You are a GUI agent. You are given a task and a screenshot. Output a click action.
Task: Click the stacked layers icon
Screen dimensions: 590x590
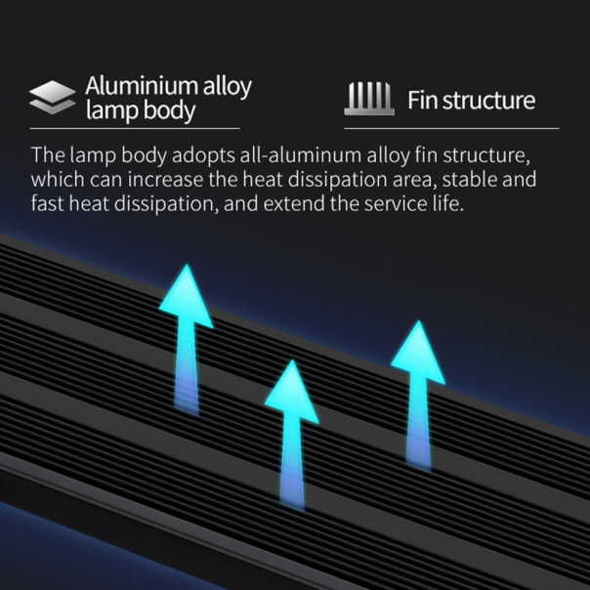click(53, 97)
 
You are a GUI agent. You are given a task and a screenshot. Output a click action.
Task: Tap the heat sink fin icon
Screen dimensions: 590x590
click(369, 99)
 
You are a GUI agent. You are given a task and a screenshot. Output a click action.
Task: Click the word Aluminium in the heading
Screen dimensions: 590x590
click(142, 86)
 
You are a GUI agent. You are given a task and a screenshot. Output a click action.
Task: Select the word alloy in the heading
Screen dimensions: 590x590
click(228, 87)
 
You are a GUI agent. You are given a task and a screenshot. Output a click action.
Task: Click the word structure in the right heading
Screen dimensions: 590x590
click(488, 101)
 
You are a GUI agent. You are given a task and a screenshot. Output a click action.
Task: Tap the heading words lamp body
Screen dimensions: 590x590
click(141, 111)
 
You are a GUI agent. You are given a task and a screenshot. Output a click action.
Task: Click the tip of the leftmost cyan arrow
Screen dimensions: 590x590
click(187, 265)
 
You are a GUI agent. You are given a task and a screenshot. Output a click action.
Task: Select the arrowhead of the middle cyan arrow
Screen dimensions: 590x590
click(292, 391)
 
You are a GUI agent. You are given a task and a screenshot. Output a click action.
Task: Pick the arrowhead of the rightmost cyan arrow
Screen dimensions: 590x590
click(418, 352)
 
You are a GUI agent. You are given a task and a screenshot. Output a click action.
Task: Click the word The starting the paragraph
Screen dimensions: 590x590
click(48, 154)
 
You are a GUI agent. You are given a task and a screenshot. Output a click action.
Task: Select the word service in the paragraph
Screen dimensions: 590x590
click(395, 203)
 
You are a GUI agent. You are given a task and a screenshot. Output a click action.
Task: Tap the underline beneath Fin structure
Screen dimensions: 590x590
click(451, 129)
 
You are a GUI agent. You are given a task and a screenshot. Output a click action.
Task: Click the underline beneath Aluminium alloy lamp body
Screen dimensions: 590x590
click(135, 129)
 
